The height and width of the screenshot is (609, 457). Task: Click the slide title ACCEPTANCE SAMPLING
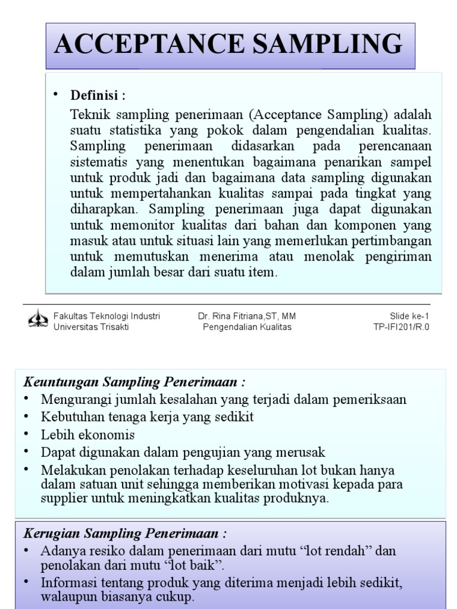coord(228,45)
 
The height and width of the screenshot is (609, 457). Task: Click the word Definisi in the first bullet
coord(95,95)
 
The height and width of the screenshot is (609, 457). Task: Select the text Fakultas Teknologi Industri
coord(107,316)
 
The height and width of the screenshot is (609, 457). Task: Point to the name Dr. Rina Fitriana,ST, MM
coord(247,316)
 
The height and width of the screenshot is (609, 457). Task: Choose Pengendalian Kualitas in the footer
coord(247,327)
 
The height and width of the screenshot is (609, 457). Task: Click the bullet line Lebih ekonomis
coord(87,435)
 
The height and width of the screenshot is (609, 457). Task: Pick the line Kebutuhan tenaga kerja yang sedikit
coord(147,417)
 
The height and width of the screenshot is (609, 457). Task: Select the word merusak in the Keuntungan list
coord(305,452)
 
